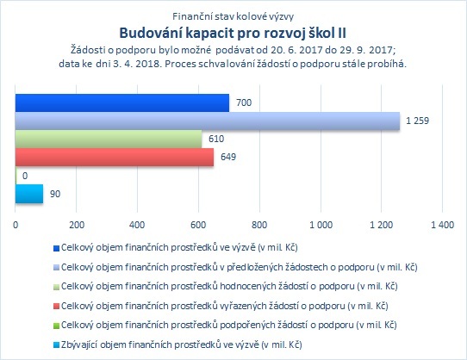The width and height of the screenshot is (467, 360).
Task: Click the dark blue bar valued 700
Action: coord(122,103)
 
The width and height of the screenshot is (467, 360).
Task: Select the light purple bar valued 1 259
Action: coord(208,121)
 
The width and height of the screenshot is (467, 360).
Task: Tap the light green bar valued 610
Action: coord(109,139)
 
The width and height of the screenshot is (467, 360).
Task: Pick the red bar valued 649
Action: coord(115,158)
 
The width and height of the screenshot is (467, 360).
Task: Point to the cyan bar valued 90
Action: coord(29,194)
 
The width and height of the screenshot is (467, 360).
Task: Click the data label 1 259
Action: coord(417,121)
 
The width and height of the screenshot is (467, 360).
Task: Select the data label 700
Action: coord(244,102)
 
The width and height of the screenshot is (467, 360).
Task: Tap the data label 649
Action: coord(228,157)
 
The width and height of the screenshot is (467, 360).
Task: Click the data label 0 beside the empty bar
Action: coord(25,176)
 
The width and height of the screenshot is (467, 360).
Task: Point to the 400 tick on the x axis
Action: coord(137,225)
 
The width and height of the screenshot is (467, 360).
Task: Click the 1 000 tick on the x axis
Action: coord(321,225)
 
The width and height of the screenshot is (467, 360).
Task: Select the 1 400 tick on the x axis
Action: coord(443,225)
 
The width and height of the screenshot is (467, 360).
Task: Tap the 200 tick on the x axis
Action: coord(77,225)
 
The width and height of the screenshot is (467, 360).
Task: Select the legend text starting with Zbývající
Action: coord(182,344)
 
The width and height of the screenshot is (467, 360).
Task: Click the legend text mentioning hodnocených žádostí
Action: coord(229,287)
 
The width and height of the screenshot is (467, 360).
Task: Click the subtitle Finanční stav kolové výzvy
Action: coord(233,16)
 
